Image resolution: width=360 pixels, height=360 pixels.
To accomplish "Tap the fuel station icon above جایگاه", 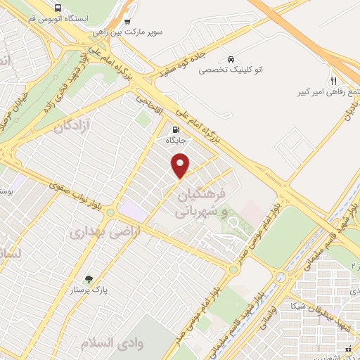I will click(175, 130).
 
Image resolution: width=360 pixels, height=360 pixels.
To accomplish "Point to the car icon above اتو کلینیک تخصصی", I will click(231, 58).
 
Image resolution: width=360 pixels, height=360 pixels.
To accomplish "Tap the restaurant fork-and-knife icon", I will click(333, 81).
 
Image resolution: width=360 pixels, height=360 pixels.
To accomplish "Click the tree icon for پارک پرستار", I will click(88, 278).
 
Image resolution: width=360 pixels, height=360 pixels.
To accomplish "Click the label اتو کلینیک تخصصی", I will click(231, 70).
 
